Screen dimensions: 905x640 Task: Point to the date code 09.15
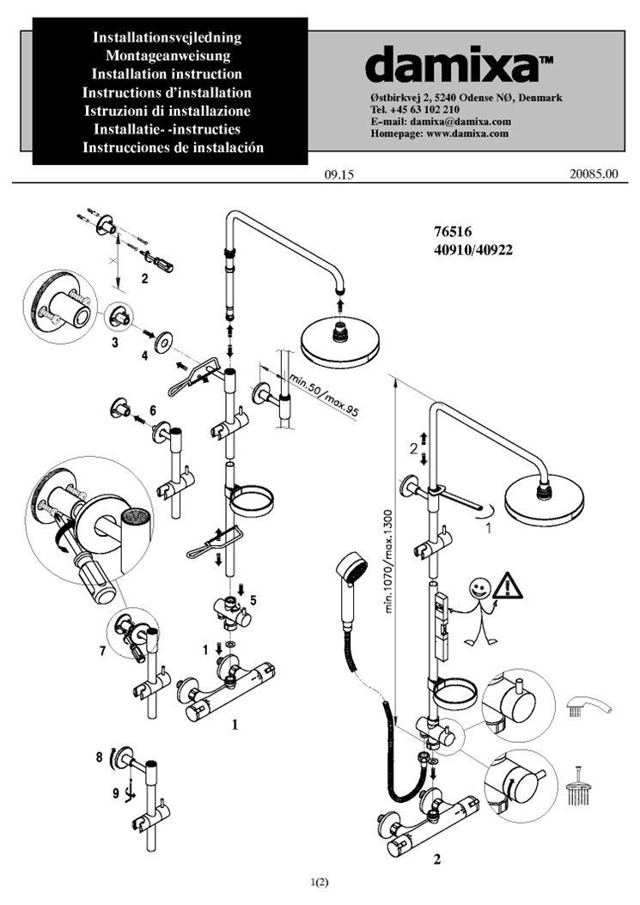click(340, 174)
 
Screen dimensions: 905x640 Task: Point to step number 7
click(102, 650)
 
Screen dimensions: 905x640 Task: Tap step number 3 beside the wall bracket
click(113, 343)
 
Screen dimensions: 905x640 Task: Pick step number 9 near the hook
click(115, 793)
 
